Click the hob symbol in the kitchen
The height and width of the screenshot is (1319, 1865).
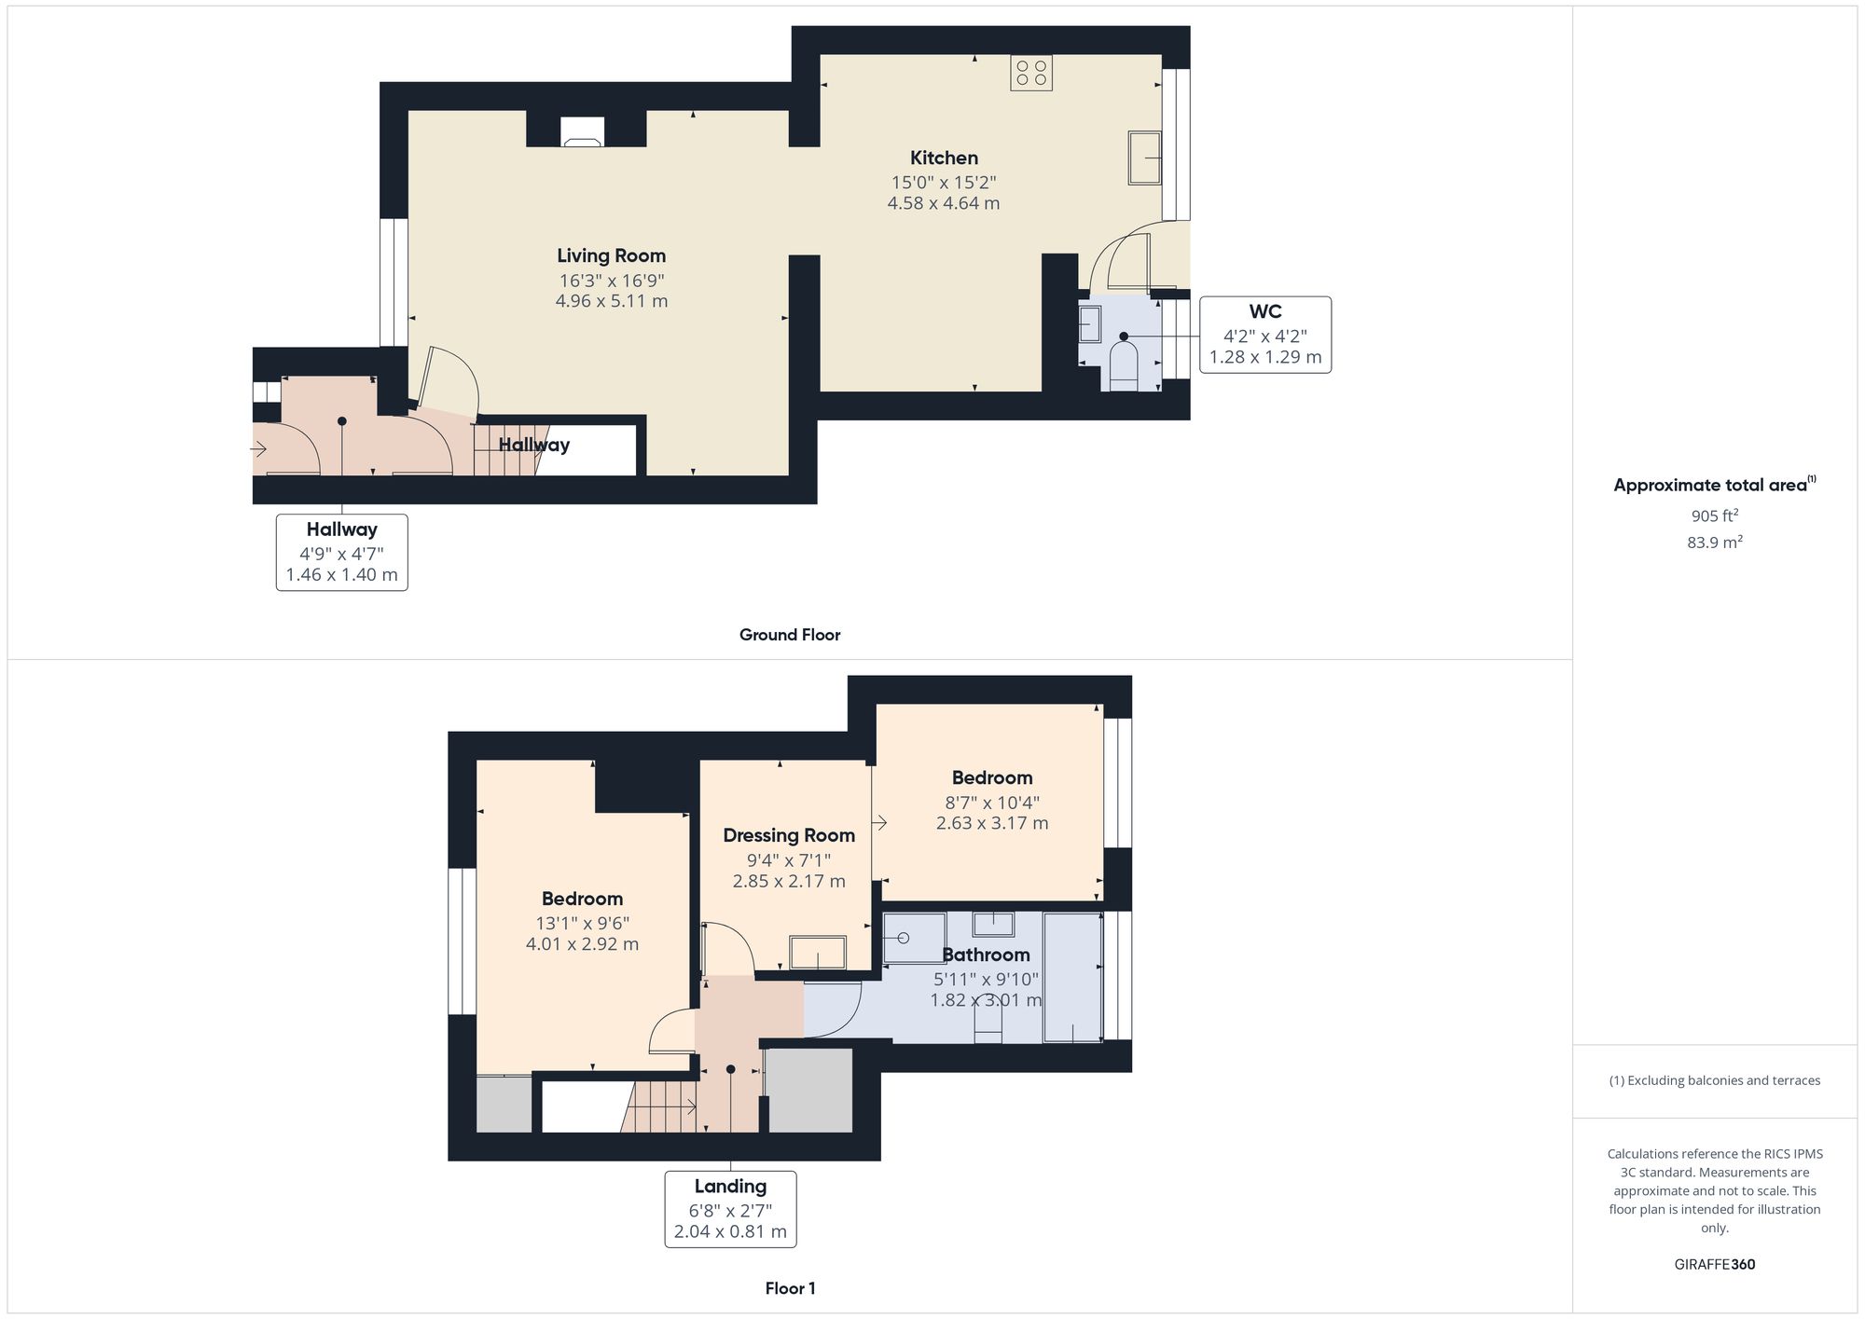pyautogui.click(x=1031, y=74)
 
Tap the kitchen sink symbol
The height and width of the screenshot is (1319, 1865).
pyautogui.click(x=1145, y=158)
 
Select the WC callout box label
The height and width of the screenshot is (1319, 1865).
pyautogui.click(x=1265, y=335)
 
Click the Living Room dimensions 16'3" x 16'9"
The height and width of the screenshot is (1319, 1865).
pyautogui.click(x=612, y=280)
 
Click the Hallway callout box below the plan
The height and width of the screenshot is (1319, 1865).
pyautogui.click(x=341, y=552)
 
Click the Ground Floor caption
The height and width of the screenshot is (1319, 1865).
pyautogui.click(x=790, y=635)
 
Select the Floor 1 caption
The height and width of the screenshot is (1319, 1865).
pyautogui.click(x=790, y=1288)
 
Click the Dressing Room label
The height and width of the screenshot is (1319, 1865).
pyautogui.click(x=789, y=835)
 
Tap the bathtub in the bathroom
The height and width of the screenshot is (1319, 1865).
pyautogui.click(x=1072, y=977)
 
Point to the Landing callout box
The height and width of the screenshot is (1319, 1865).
pyautogui.click(x=730, y=1208)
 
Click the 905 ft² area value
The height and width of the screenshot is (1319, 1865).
pyautogui.click(x=1714, y=515)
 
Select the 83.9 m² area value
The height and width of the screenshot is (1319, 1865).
pyautogui.click(x=1714, y=542)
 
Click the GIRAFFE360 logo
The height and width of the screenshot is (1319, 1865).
pyautogui.click(x=1714, y=1264)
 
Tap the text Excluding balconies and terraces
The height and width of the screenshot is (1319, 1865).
pyautogui.click(x=1714, y=1080)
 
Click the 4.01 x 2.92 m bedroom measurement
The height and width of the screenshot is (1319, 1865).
pyautogui.click(x=582, y=943)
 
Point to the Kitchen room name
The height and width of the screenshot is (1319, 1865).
pyautogui.click(x=944, y=158)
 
